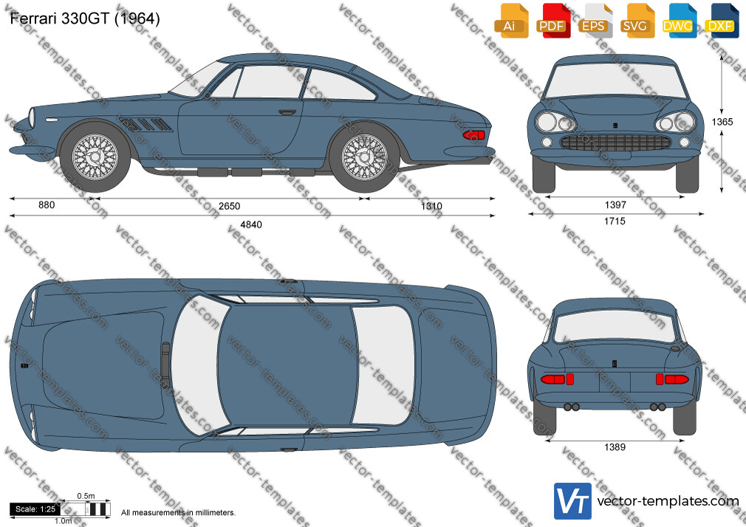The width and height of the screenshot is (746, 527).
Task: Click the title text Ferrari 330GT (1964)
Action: (x=85, y=18)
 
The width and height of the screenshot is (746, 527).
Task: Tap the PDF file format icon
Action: (x=552, y=21)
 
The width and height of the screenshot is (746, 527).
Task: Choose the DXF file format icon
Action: (x=721, y=21)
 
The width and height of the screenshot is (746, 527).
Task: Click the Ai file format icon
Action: (x=510, y=21)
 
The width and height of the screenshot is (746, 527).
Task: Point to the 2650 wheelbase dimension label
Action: (x=229, y=206)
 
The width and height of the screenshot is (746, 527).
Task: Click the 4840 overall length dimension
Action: (x=251, y=224)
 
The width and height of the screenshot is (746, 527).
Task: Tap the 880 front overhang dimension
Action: (x=47, y=205)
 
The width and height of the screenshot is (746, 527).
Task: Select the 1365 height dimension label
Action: (x=722, y=122)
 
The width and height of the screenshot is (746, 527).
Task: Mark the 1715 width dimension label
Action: (x=615, y=221)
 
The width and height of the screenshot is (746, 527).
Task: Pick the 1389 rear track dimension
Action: (x=615, y=447)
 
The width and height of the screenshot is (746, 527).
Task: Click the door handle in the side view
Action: (x=287, y=112)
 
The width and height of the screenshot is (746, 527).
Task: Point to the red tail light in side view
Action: (x=474, y=135)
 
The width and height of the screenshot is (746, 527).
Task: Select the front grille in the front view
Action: (x=616, y=142)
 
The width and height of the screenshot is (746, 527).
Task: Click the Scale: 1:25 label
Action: (x=35, y=509)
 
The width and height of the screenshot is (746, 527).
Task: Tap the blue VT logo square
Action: (x=573, y=501)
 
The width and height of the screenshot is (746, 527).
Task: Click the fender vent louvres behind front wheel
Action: (x=146, y=124)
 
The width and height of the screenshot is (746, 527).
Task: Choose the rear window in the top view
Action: (x=383, y=365)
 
